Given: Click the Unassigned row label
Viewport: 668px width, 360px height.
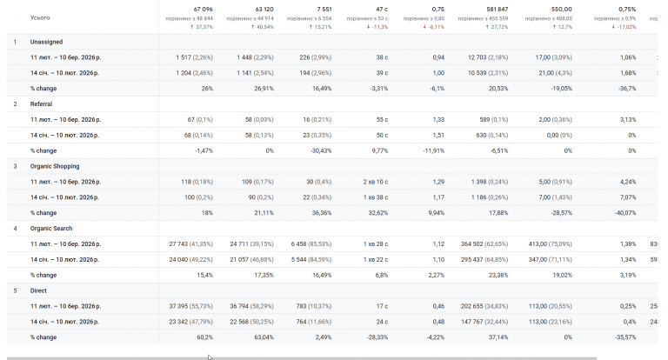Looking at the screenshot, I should click(x=47, y=43).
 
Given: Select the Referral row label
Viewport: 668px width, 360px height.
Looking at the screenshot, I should click(x=42, y=104).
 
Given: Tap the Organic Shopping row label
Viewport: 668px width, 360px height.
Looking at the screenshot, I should click(x=55, y=166).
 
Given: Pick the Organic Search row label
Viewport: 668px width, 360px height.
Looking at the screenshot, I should click(x=51, y=229).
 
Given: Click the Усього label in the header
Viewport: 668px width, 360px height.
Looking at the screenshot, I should click(x=40, y=17).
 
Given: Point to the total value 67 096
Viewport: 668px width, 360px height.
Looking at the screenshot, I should click(x=203, y=10).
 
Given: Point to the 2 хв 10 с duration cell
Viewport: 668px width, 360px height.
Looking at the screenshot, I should click(x=376, y=182).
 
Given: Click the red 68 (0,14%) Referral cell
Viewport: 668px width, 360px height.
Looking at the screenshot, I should click(x=198, y=136).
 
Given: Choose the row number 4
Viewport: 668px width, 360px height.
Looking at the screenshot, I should click(x=15, y=229).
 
